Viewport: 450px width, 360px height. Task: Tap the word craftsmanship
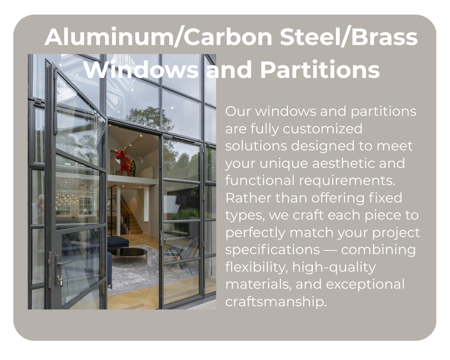click(276, 301)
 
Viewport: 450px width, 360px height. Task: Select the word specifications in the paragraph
click(272, 250)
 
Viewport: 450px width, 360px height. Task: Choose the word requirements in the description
click(347, 180)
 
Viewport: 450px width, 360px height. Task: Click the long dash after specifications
click(330, 250)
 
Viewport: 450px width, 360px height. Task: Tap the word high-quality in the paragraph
click(334, 267)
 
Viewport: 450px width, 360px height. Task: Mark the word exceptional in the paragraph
click(365, 284)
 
